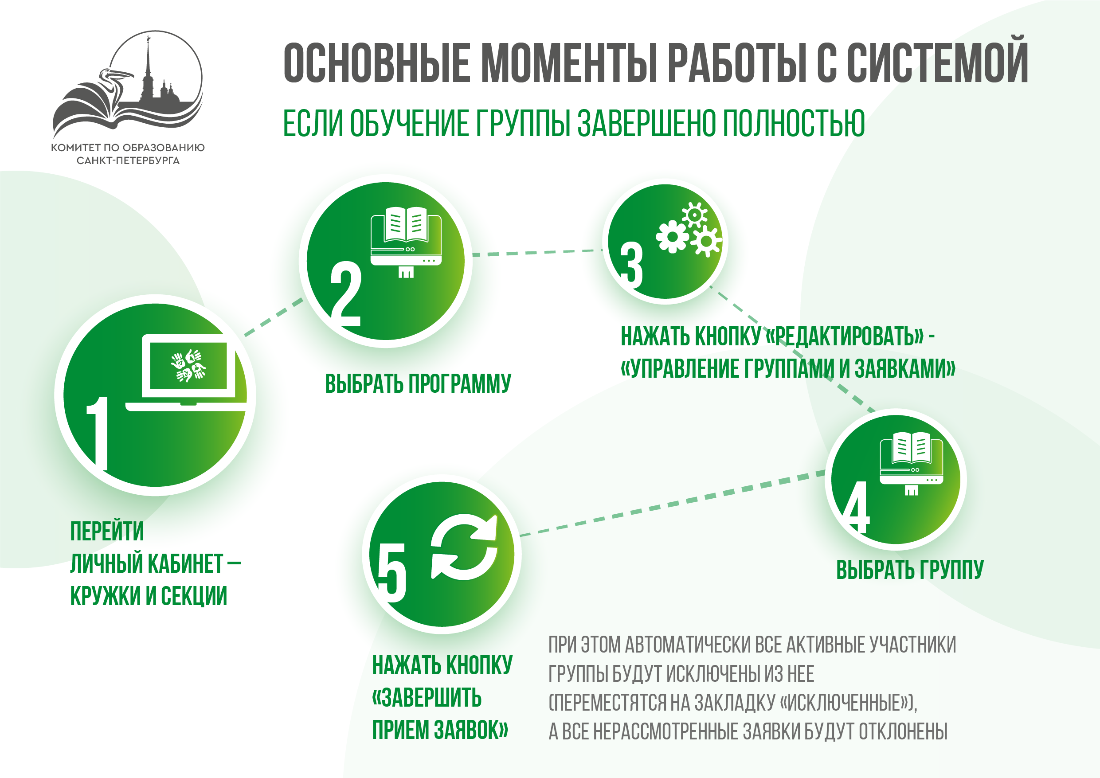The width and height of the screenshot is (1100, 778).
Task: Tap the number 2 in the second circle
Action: pyautogui.click(x=346, y=293)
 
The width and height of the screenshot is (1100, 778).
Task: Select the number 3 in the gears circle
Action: pyautogui.click(x=631, y=265)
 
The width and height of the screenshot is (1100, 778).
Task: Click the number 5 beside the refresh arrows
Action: pyautogui.click(x=391, y=572)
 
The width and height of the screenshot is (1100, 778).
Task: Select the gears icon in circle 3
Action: pyautogui.click(x=689, y=229)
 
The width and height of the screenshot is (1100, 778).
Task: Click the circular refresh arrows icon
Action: pyautogui.click(x=464, y=547)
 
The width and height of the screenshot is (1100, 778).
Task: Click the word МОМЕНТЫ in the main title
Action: pyautogui.click(x=570, y=63)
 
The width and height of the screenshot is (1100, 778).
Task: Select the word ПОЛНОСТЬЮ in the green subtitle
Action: pyautogui.click(x=793, y=123)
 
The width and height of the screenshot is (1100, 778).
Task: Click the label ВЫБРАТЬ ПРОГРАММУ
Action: pyautogui.click(x=418, y=384)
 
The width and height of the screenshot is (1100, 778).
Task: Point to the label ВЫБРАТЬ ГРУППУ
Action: pyautogui.click(x=910, y=570)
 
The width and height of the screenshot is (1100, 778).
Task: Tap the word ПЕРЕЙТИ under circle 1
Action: pyautogui.click(x=107, y=531)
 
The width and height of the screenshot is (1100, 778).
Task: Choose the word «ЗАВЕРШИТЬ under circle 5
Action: pyautogui.click(x=427, y=697)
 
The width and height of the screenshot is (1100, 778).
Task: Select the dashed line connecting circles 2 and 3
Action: pyautogui.click(x=537, y=253)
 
